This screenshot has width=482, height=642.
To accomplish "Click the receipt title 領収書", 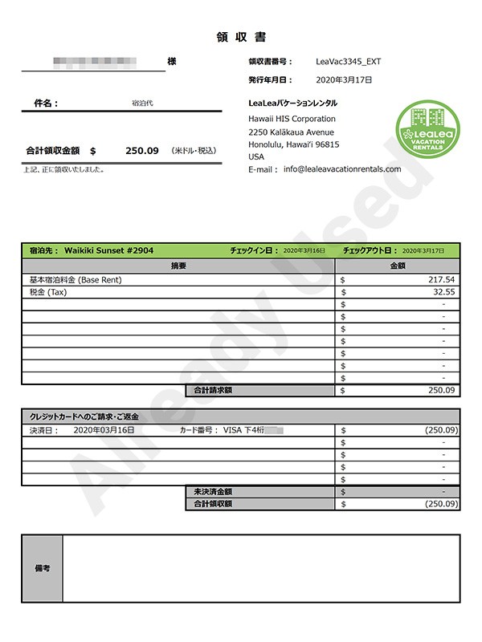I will [241, 37].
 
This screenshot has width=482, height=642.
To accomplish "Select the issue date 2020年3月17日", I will [344, 80].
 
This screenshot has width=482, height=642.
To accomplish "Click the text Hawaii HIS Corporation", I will [292, 119].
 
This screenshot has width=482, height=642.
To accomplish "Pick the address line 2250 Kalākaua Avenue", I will [291, 132].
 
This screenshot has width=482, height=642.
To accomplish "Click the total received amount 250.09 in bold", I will [142, 151].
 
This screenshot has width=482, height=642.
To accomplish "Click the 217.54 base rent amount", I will [442, 279].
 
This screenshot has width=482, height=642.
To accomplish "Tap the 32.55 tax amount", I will [443, 292].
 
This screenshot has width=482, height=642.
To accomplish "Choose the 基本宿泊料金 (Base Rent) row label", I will [76, 279].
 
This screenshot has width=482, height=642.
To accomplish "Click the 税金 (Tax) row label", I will [48, 292].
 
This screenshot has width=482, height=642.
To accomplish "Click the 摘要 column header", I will [178, 265].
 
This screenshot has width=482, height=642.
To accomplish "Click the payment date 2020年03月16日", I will [104, 430].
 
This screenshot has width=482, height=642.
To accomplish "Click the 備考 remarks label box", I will [43, 568].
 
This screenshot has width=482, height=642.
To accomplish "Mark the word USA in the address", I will [256, 156].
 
